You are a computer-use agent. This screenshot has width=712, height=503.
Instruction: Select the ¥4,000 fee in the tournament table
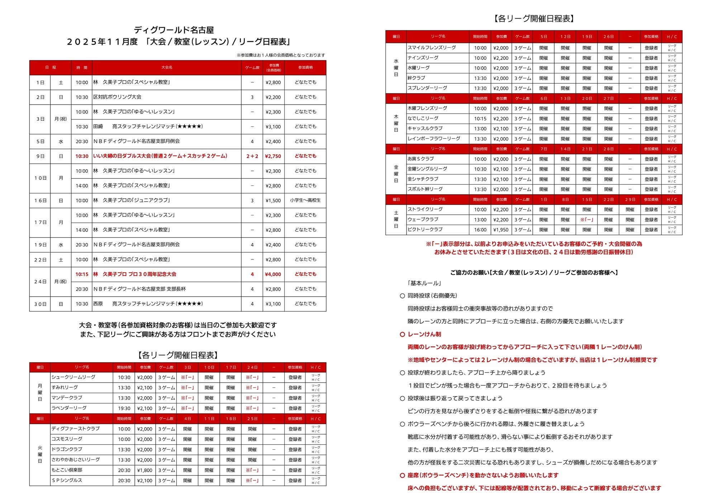click(x=273, y=274)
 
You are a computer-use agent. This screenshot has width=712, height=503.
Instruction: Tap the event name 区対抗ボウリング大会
click(x=117, y=97)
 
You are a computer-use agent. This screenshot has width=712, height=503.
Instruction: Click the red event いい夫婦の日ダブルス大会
click(x=160, y=156)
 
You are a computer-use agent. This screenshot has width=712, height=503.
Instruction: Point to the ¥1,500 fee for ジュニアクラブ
click(x=273, y=201)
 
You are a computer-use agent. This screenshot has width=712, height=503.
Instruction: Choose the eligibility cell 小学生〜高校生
click(x=305, y=201)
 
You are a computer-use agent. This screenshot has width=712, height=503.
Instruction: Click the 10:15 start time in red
click(x=82, y=274)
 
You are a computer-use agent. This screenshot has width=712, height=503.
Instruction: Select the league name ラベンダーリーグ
click(x=69, y=408)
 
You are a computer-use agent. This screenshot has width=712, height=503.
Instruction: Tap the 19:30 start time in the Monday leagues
click(x=124, y=408)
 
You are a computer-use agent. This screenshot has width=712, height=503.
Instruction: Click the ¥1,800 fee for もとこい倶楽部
click(x=144, y=470)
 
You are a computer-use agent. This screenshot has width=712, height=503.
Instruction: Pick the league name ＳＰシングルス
click(x=67, y=480)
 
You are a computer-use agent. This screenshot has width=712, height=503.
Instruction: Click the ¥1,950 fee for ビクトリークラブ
click(x=500, y=230)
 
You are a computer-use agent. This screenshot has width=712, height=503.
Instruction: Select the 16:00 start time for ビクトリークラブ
click(x=480, y=230)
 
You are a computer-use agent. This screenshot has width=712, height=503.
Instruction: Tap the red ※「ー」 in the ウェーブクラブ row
click(x=587, y=220)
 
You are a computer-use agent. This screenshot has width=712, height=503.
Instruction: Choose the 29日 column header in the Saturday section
click(x=630, y=200)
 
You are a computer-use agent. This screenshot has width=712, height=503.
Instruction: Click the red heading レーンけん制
click(x=424, y=334)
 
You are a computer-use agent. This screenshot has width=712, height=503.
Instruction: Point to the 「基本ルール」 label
click(x=424, y=283)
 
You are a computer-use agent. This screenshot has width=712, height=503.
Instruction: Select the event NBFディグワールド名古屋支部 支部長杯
click(x=139, y=289)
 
